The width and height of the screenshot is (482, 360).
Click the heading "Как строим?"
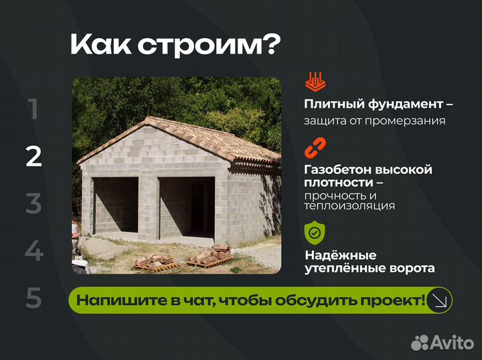pyautogui.click(x=175, y=45)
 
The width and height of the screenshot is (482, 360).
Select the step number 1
pyautogui.click(x=33, y=109)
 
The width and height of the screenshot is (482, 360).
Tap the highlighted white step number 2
pyautogui.click(x=33, y=156)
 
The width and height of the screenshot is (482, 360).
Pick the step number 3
pyautogui.click(x=33, y=203)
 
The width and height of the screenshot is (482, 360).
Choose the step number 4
pyautogui.click(x=33, y=251)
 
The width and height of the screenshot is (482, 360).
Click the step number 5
pyautogui.click(x=33, y=298)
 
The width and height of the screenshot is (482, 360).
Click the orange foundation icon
pyautogui.click(x=314, y=82)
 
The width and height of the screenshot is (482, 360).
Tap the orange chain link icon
pyautogui.click(x=314, y=147)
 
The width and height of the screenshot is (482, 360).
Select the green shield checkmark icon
pyautogui.click(x=314, y=232)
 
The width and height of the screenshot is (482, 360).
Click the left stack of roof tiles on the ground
pyautogui.click(x=153, y=261)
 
